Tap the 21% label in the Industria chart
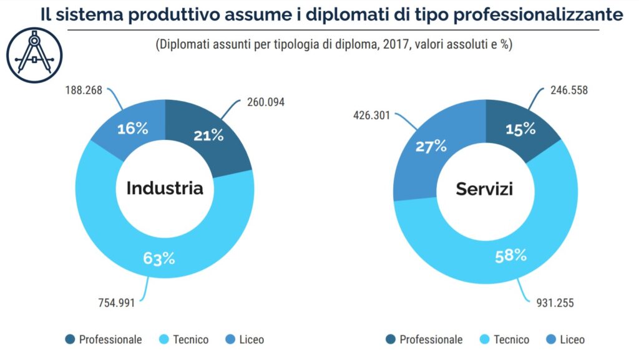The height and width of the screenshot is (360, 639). pos(208,135)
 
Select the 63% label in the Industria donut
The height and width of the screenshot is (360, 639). pos(159,257)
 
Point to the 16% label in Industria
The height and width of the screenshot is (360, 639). pos(133,129)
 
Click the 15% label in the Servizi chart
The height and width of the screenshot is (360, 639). pos(520,129)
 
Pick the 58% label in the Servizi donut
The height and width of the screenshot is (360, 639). pos(510,255)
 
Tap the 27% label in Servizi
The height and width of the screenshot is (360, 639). pos(431,146)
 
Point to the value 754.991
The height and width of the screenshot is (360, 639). pos(116,303)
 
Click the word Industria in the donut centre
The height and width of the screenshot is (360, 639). pos(165,188)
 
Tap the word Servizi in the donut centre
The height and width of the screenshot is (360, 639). pos(484,188)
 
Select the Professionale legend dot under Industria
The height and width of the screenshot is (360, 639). pos(71,339)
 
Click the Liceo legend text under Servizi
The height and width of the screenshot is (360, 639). pos(572,339)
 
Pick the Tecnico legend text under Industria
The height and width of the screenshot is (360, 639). pos(191,339)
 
